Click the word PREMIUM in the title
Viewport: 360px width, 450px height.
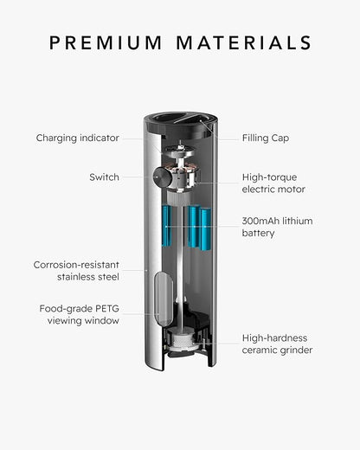pos(106,42)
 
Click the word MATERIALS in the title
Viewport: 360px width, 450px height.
pos(244,42)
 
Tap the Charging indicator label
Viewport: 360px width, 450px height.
pos(77,138)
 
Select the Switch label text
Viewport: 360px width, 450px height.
pos(104,177)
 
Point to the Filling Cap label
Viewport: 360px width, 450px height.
pos(266,138)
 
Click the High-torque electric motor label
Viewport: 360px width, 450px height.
pos(273,183)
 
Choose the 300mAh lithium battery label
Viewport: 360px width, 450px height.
pos(277,227)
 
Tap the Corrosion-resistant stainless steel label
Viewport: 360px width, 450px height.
pos(76,271)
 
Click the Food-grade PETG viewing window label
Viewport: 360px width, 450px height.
pos(80,314)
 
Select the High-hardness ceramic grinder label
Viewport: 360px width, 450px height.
pos(277,344)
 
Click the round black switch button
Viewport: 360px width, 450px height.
pos(163,177)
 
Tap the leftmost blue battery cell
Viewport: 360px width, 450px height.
pos(166,226)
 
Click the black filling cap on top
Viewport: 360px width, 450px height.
pos(181,124)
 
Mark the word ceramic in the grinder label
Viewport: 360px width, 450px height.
pos(259,350)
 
